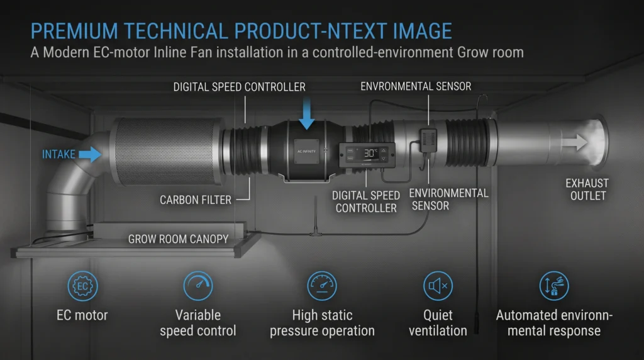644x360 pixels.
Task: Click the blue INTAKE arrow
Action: tap(91, 154)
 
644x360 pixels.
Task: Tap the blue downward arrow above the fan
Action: tap(306, 114)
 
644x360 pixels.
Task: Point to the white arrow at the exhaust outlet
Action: tap(575, 143)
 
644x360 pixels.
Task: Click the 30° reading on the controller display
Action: tap(370, 153)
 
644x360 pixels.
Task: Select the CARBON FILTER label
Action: tap(196, 200)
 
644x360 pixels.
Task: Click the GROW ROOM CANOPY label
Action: tap(178, 239)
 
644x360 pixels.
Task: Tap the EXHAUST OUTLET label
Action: tap(587, 189)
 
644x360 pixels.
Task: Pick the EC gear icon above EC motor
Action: tap(82, 286)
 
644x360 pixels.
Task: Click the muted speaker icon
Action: tap(438, 286)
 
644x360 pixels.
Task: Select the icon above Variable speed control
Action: tap(198, 286)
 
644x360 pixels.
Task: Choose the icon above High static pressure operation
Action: tap(322, 286)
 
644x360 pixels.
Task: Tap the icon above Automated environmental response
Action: tap(554, 286)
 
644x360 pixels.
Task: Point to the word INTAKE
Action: tap(58, 155)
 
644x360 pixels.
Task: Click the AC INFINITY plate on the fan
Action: tap(306, 152)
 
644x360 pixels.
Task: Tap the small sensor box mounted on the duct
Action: tap(428, 140)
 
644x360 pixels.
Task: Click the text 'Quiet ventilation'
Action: tap(438, 323)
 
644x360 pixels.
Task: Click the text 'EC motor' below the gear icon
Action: tap(82, 315)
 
